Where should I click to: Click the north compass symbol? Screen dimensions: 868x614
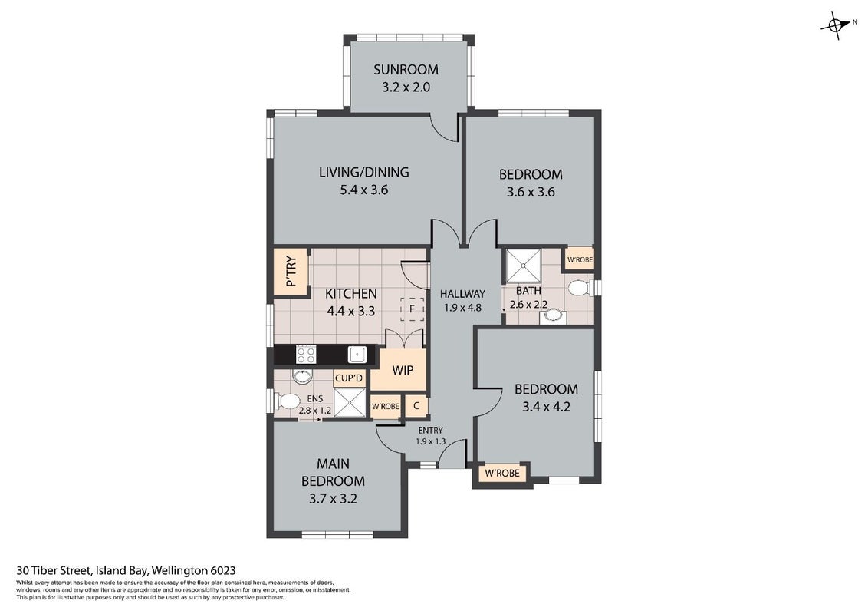(838, 25)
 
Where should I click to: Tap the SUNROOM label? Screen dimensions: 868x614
(406, 69)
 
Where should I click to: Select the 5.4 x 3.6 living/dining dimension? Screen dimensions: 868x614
(363, 190)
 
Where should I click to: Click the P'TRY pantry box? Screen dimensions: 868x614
(291, 271)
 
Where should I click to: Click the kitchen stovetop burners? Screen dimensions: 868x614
(306, 354)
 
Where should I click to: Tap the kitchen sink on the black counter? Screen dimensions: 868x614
(356, 354)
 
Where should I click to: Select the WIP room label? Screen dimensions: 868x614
(403, 370)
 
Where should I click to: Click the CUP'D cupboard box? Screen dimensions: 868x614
(350, 378)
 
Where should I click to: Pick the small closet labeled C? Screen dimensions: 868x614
(416, 406)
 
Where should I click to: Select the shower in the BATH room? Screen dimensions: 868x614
(523, 266)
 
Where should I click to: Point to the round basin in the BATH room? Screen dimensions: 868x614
(552, 316)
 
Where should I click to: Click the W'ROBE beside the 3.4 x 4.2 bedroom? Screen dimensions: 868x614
(502, 473)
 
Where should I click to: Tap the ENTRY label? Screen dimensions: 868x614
(430, 431)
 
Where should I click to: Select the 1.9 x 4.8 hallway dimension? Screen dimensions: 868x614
(462, 308)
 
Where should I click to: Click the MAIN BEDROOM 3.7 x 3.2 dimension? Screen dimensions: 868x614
(333, 498)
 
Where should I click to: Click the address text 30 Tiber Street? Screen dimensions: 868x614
(54, 570)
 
